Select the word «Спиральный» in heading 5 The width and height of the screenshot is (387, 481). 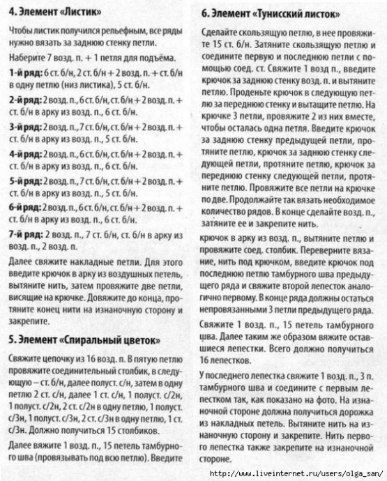[86, 340]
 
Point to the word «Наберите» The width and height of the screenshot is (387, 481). [30, 59]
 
